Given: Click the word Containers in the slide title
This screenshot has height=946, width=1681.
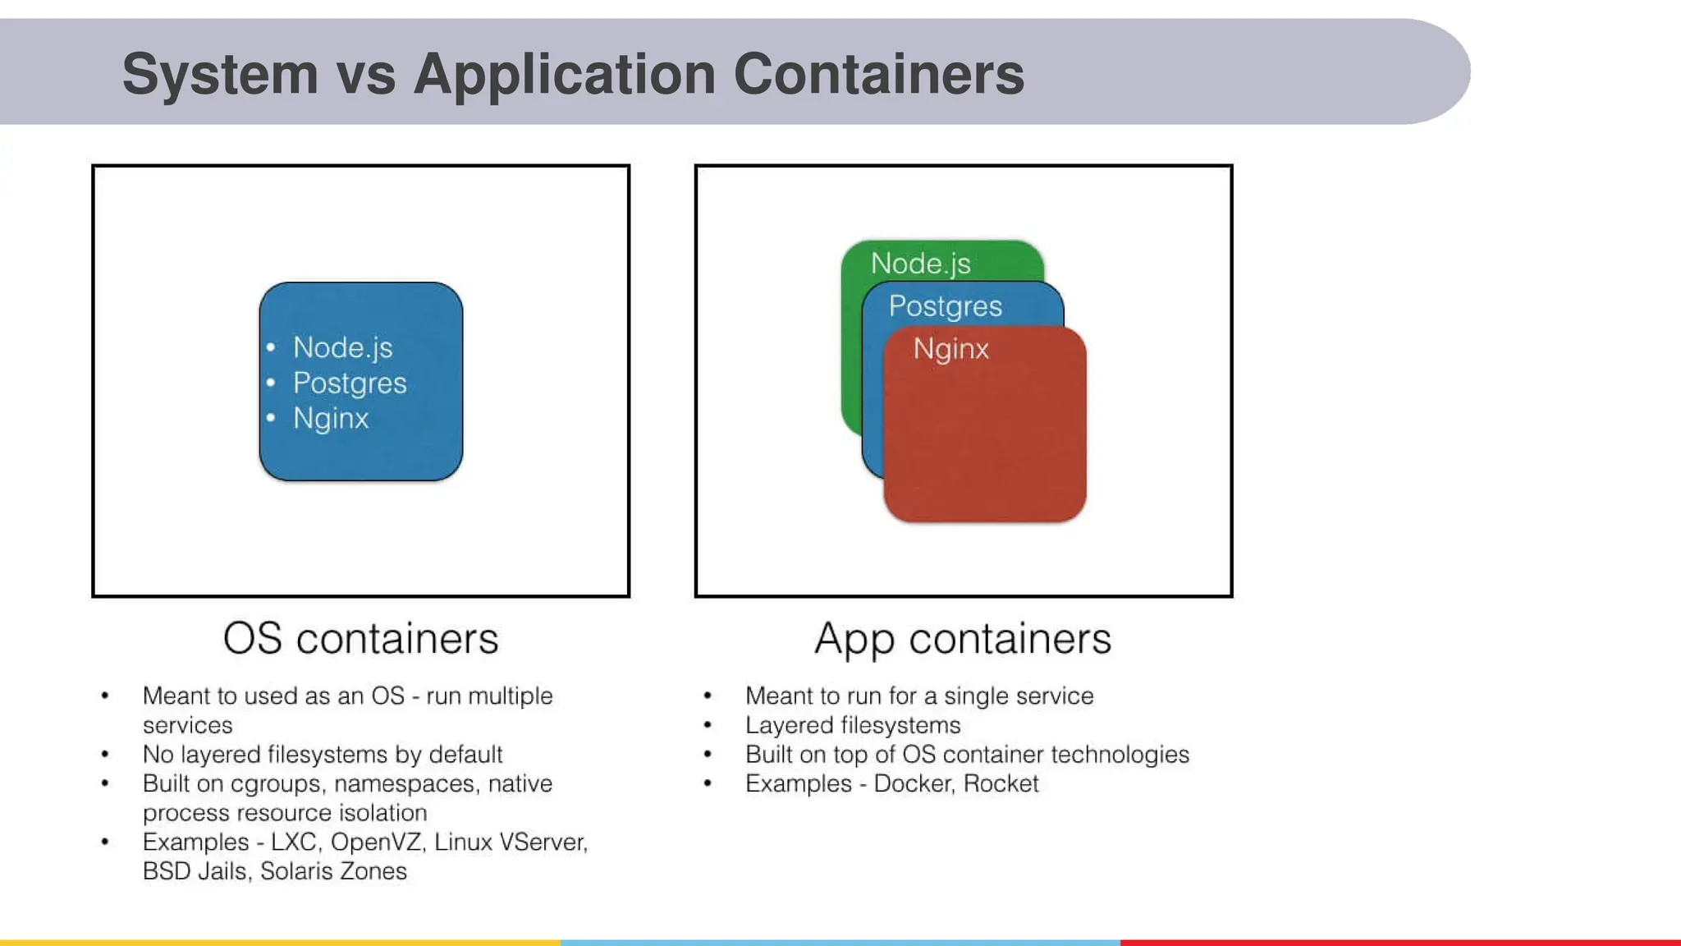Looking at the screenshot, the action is [x=878, y=74].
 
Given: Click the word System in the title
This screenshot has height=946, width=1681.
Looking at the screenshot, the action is [x=220, y=74].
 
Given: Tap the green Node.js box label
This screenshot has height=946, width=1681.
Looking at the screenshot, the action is [x=920, y=264].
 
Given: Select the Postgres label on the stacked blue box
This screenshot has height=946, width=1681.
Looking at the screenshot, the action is [x=945, y=306].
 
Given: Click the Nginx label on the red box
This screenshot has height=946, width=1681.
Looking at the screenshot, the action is [x=950, y=349].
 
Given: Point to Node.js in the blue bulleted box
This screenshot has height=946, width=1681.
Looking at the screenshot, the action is [x=342, y=347].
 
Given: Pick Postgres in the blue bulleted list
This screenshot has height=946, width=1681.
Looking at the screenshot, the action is [x=350, y=383].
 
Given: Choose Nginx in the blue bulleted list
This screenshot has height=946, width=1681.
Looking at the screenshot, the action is [x=331, y=419].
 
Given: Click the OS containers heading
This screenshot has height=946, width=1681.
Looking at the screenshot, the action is [x=360, y=639].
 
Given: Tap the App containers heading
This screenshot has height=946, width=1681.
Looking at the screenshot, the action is [x=962, y=639].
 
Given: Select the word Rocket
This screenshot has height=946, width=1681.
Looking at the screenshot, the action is [x=1001, y=783].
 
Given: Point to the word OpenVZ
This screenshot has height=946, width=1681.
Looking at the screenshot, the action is [x=376, y=842].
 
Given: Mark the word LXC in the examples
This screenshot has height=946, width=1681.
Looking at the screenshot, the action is [x=294, y=842].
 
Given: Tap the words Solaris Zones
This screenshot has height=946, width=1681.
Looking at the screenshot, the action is [x=333, y=870].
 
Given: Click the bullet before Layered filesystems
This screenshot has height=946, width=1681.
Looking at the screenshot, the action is [x=708, y=725].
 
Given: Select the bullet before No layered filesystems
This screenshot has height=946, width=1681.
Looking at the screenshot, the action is [x=105, y=754].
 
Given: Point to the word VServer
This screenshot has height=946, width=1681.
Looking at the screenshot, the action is [x=543, y=842].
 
